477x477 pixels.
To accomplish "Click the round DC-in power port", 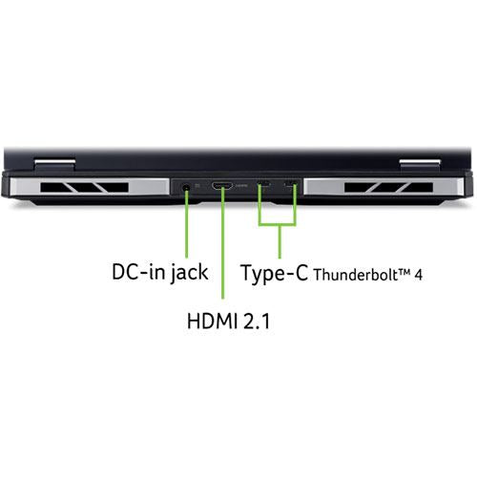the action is tap(186, 187).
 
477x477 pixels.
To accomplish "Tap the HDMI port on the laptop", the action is tap(222, 185).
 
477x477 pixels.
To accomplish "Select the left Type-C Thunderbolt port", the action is tap(263, 183).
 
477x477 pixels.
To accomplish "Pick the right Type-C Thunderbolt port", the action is tap(291, 183).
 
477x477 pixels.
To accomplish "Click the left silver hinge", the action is tap(54, 164).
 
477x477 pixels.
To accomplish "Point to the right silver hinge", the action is tap(420, 164).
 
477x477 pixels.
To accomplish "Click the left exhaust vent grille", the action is tap(84, 187).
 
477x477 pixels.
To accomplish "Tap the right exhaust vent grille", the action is tap(388, 187).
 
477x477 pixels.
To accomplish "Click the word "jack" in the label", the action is tap(189, 273).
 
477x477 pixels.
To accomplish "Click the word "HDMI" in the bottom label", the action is tap(212, 321).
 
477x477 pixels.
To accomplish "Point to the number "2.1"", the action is tap(257, 321).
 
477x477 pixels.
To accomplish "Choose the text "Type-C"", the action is tap(275, 273).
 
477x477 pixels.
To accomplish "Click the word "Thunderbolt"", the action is tap(356, 275).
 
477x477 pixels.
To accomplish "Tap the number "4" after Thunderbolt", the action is tap(419, 276).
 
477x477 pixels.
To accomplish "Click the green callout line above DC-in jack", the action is tap(186, 223).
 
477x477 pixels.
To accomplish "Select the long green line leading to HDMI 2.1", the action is tap(222, 243).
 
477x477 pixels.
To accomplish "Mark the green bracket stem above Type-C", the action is tap(280, 241).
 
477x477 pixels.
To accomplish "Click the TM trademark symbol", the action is tap(404, 272).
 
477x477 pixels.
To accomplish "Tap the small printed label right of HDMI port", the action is tap(241, 185).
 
